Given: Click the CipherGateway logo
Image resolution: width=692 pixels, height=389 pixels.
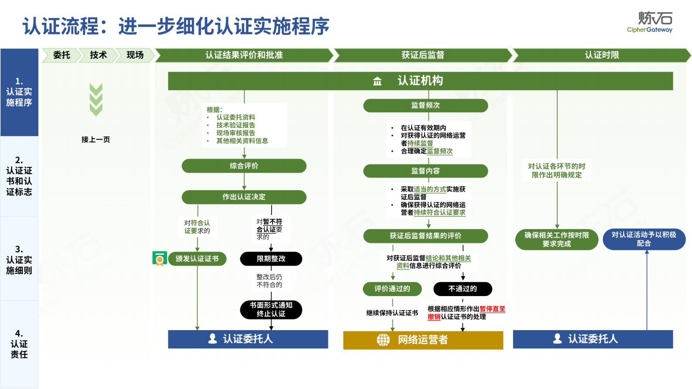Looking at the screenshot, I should point(650,22).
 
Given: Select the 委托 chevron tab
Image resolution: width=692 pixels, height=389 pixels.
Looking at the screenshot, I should point(61,55).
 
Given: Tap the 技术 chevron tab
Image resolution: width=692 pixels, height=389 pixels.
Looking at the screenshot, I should point(98,55).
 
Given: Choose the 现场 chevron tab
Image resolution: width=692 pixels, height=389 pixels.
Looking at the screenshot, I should point(135,55).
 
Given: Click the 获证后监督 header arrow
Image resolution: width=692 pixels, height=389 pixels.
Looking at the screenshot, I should point(422,55).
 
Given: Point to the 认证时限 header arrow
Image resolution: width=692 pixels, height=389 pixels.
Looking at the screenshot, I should point(601,55).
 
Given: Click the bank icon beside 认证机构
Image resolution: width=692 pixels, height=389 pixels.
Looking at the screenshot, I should point(377,81).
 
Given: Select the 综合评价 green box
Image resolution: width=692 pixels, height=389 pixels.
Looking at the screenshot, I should point(244,166).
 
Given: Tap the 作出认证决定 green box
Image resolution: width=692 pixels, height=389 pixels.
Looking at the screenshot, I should point(244,197).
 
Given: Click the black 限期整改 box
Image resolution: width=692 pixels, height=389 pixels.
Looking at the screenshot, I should point(271,259).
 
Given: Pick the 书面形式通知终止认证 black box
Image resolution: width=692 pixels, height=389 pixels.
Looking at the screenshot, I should point(271,310).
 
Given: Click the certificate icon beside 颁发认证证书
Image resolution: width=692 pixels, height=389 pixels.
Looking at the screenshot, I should point(160,259).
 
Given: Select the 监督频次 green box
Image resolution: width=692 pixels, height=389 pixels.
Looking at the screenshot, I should point(425,106).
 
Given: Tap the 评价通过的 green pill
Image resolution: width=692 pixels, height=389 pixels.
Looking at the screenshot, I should point(392,289).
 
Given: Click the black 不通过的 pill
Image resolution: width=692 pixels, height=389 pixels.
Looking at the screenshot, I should point(463,289).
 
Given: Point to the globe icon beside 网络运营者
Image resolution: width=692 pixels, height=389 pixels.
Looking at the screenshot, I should point(383,340).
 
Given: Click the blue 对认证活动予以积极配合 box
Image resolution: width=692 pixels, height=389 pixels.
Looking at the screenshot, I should point(644,239).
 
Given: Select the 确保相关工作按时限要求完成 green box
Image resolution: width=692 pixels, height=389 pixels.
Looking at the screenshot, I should point(556,239).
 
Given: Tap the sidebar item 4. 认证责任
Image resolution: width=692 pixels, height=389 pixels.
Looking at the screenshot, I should point(19,344).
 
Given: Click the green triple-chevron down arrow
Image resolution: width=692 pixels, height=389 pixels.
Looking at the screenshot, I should point(96,100).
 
